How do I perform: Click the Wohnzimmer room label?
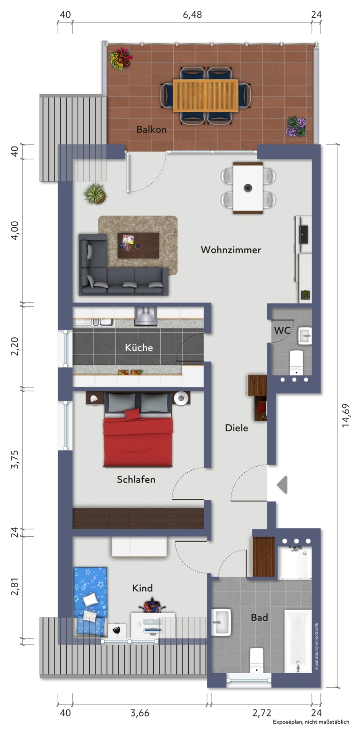(231, 250)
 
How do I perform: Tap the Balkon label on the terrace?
(151, 129)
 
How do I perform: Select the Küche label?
(139, 347)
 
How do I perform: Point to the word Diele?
(237, 428)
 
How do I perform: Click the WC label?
(282, 330)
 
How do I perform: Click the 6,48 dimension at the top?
(192, 15)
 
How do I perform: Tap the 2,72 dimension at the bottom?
(261, 713)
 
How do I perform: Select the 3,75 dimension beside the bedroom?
(15, 459)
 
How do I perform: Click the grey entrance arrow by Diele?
(283, 485)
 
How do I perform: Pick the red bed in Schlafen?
(138, 430)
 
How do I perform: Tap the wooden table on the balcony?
(205, 95)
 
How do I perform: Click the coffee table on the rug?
(138, 245)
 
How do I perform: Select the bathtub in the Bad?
(298, 641)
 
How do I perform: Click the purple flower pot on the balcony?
(296, 127)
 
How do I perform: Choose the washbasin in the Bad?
(221, 622)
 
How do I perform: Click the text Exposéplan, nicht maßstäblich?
(311, 722)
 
